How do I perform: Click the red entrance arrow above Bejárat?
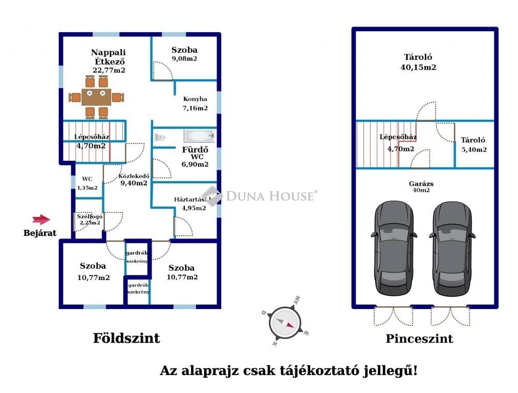[41, 220]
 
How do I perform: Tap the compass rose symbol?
[285, 322]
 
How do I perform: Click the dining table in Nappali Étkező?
[96, 97]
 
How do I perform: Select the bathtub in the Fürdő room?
[199, 136]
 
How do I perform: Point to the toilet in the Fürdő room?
[160, 137]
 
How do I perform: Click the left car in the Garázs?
[394, 248]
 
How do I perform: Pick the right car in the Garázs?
[452, 248]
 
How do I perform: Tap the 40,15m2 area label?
[418, 68]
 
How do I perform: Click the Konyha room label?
[195, 99]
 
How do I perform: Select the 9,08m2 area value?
[184, 59]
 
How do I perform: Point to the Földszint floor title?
[126, 338]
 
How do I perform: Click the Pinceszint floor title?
[419, 339]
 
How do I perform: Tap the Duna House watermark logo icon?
[212, 196]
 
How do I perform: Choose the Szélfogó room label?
[90, 216]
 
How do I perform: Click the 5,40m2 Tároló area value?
[474, 149]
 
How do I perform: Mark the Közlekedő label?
[134, 176]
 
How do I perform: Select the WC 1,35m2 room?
[87, 183]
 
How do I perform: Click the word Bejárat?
[40, 233]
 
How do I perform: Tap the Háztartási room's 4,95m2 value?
[194, 208]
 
